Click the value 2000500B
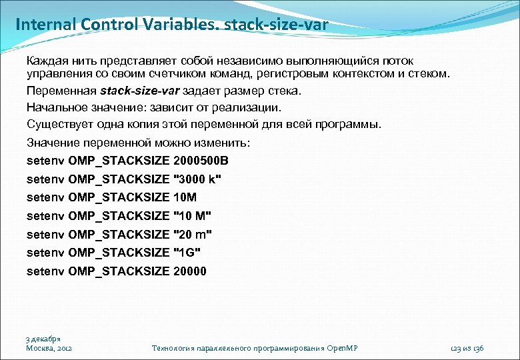coord(200,161)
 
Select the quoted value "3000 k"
coord(197,179)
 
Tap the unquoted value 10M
coord(185,197)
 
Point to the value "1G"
coord(187,253)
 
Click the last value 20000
coord(189,271)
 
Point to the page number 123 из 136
coord(467,349)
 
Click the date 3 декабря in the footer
coord(43,339)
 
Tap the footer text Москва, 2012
coord(49,349)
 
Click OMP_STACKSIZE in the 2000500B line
coord(119,161)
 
